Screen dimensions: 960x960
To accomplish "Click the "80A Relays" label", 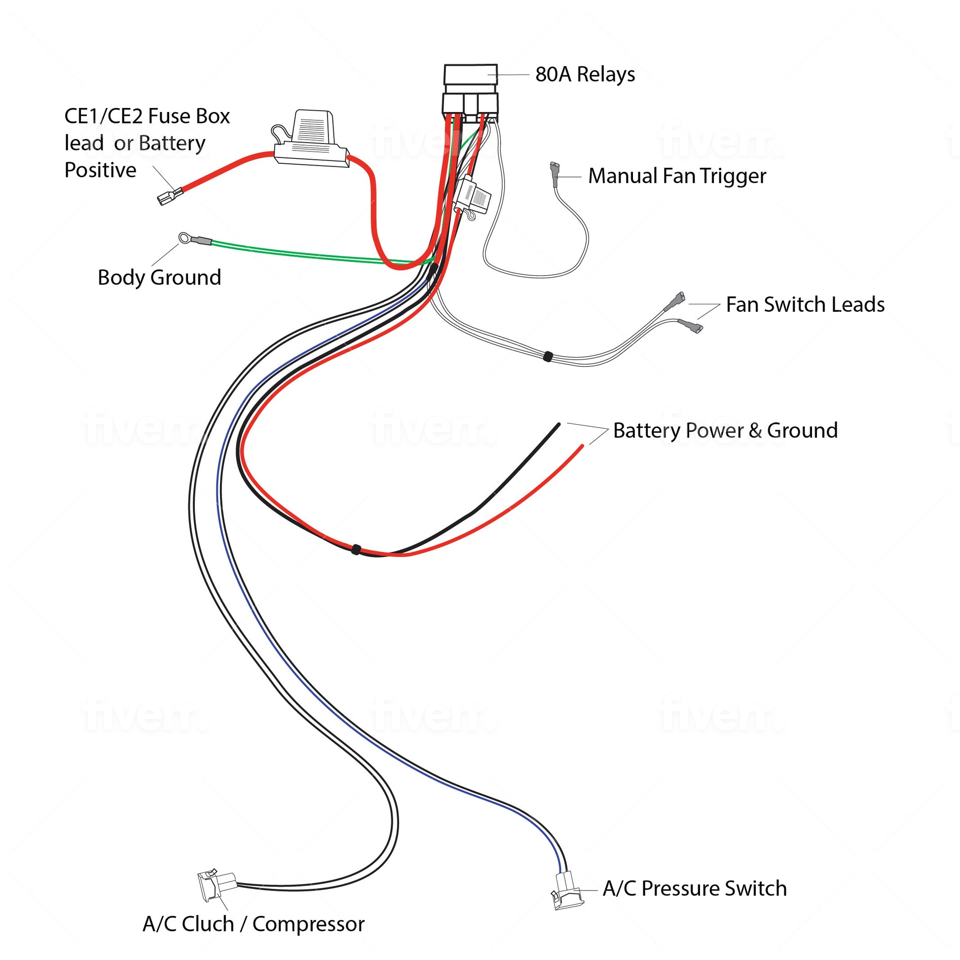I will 585,74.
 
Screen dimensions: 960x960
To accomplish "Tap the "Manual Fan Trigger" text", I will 677,176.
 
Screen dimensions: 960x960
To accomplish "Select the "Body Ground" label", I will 159,277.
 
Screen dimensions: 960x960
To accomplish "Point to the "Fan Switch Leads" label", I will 805,304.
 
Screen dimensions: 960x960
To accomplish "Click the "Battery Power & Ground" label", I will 725,430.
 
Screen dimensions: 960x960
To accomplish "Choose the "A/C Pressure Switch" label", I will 695,888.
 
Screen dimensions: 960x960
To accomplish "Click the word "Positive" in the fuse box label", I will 100,170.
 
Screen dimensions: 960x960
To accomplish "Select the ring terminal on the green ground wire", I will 185,238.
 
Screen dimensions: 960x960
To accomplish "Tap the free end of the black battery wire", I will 558,425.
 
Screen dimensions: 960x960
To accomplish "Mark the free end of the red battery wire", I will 582,446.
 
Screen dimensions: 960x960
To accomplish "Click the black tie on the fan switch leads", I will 548,356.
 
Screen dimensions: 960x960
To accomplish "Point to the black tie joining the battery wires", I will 356,549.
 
